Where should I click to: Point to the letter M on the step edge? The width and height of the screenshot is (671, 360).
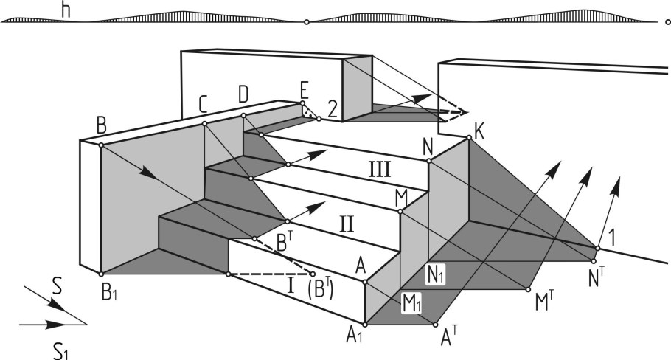click(x=401, y=198)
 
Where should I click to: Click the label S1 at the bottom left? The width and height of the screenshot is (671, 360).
click(x=63, y=350)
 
